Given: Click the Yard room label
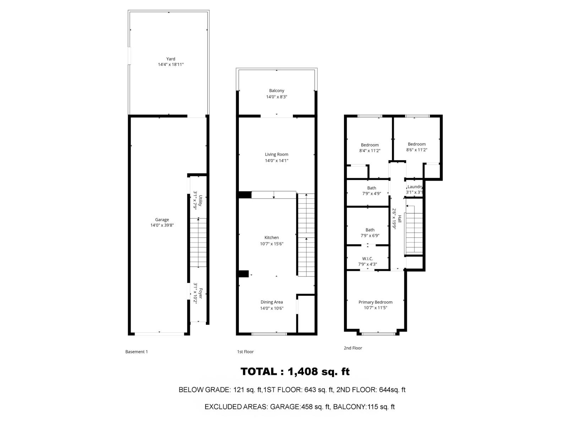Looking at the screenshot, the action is pos(170,59).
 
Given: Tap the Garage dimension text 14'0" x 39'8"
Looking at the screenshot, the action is pos(162,225).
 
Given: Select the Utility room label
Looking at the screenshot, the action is pos(200,201).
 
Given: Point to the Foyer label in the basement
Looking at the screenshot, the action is pos(200,293).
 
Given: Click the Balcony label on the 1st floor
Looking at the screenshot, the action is pos(277,91).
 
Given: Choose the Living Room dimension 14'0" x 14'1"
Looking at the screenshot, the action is pos(277,160).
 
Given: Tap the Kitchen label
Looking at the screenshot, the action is pos(272,237).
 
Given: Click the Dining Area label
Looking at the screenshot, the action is pos(272,302).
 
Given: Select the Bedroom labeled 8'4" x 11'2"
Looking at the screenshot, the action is pos(370,145).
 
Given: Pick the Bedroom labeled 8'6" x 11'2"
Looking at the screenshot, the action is pos(417,144).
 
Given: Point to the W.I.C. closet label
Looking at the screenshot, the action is pos(367,259).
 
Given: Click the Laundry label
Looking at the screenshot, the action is pos(415,187).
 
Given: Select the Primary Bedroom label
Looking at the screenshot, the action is pos(376,302).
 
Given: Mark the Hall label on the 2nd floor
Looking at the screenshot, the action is pos(399,219).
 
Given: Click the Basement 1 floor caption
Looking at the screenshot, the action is pos(137,351).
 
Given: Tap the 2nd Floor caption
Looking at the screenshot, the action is pos(353,348).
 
